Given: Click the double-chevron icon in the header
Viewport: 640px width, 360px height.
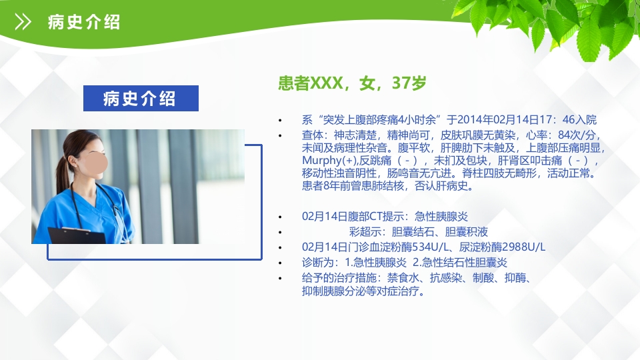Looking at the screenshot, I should pos(23,23).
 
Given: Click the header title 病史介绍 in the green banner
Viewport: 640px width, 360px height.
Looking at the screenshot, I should pos(84,22).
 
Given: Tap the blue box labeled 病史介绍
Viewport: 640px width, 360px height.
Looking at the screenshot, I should pos(141,99).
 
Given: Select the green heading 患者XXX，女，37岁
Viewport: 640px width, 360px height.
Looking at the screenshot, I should pos(352,83).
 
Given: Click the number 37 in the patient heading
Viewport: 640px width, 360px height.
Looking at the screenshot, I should pos(401,83).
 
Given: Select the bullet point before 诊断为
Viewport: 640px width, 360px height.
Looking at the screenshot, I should pos(281,262).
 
